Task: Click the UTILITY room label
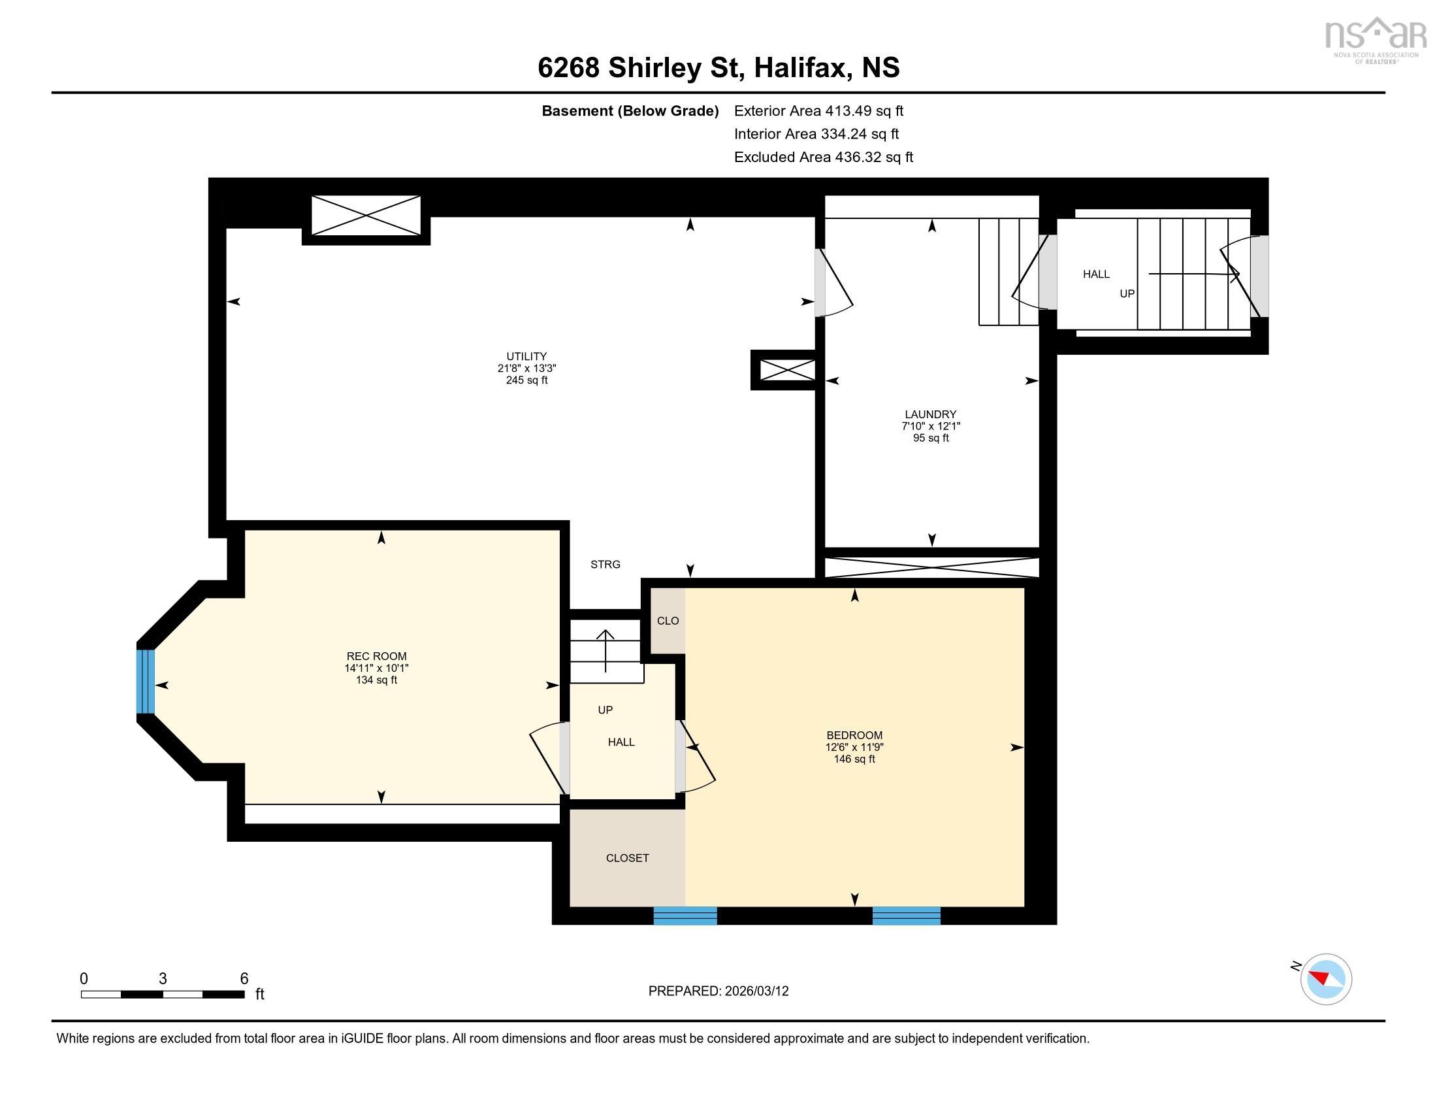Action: [x=526, y=357]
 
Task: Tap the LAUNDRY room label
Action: [x=930, y=414]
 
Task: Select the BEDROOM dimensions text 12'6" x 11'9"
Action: [x=854, y=747]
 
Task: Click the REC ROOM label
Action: [x=376, y=656]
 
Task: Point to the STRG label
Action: [x=605, y=564]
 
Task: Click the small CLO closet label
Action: [x=668, y=621]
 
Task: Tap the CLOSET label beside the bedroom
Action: [x=627, y=857]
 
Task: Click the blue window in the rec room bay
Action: [x=146, y=681]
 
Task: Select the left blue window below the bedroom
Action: [x=685, y=916]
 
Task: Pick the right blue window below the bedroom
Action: [x=906, y=916]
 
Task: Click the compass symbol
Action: [x=1325, y=979]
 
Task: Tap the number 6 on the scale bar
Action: [x=244, y=979]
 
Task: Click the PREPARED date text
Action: [x=718, y=991]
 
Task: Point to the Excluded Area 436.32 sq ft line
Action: [x=823, y=158]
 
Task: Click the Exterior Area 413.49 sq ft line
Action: [x=818, y=111]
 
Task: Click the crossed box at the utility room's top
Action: [x=366, y=215]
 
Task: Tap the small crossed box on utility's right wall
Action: [x=787, y=370]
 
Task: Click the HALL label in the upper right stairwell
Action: [x=1096, y=274]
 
